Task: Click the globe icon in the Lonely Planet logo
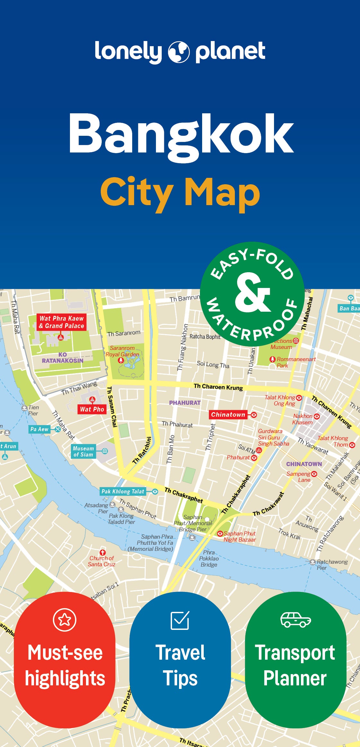(179, 52)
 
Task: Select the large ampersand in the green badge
(253, 293)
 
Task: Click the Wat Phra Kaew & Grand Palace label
(61, 322)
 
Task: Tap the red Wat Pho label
(92, 409)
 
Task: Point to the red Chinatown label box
(228, 414)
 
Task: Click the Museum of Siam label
(83, 451)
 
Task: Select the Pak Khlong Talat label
(123, 491)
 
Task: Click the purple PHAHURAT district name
(185, 403)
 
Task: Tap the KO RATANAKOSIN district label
(63, 358)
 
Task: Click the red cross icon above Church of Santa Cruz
(102, 552)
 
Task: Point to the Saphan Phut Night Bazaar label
(240, 536)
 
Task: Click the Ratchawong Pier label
(332, 565)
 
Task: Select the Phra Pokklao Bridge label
(209, 559)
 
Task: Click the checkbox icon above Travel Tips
(180, 620)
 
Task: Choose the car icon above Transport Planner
(296, 620)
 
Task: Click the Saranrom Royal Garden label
(122, 351)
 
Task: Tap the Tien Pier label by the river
(33, 410)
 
